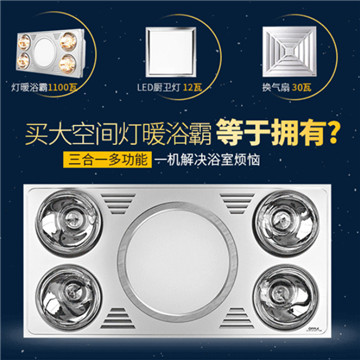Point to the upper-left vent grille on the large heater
[x=118, y=203]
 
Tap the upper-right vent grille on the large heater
[x=237, y=203]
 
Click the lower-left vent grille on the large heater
[x=118, y=318]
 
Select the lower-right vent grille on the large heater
[x=237, y=318]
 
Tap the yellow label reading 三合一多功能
[x=109, y=160]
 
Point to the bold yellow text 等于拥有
[x=270, y=134]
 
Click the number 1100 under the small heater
[x=59, y=88]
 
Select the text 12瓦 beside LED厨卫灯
[x=193, y=88]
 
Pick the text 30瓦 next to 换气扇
[x=302, y=88]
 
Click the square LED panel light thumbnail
[x=171, y=52]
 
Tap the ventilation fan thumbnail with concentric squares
[x=289, y=51]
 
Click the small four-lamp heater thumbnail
[x=49, y=52]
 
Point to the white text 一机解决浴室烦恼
[x=207, y=161]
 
